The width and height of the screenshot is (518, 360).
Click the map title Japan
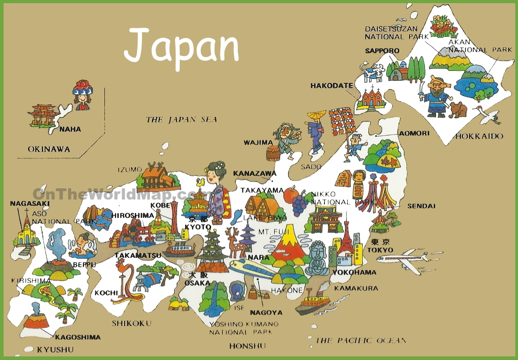tap(181, 47)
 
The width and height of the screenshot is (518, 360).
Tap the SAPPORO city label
tap(382, 51)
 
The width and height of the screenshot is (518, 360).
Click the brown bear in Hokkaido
tap(458, 109)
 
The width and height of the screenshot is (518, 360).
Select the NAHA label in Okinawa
tap(70, 129)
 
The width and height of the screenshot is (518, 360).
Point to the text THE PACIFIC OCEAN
tap(361, 340)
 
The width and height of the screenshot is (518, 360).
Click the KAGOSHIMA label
tap(78, 337)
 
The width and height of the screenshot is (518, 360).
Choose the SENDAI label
tap(421, 206)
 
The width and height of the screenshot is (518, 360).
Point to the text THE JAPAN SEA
tap(181, 119)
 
